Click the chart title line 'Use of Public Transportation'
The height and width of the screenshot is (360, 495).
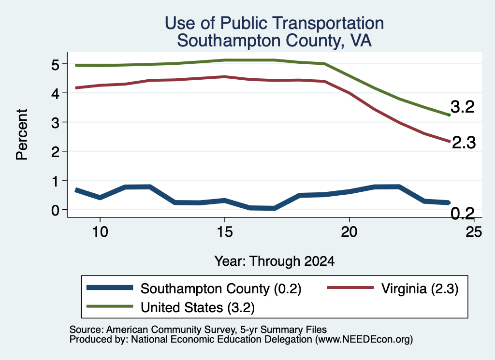click(x=275, y=23)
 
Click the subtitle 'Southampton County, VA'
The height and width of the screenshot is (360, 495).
click(x=274, y=41)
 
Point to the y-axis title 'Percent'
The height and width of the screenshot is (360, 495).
click(x=22, y=134)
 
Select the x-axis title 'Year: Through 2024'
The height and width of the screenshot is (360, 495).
click(x=275, y=261)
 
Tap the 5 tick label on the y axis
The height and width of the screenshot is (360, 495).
click(x=55, y=65)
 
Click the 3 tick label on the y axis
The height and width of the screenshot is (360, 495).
click(x=55, y=123)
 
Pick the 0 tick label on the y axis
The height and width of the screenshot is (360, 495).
click(x=55, y=210)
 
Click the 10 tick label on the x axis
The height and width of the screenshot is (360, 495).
click(x=100, y=232)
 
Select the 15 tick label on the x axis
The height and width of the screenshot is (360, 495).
click(x=225, y=232)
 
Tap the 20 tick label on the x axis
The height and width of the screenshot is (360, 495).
click(x=349, y=232)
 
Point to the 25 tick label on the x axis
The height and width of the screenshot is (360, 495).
click(x=474, y=232)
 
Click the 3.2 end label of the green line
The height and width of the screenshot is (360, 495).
click(x=463, y=107)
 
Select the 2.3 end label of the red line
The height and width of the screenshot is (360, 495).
click(x=464, y=143)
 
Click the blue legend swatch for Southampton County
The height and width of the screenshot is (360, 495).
click(x=110, y=288)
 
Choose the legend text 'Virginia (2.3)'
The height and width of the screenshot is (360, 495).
click(x=420, y=288)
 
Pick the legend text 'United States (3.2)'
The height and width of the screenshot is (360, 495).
click(x=198, y=307)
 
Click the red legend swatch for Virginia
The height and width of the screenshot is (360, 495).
click(x=350, y=288)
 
